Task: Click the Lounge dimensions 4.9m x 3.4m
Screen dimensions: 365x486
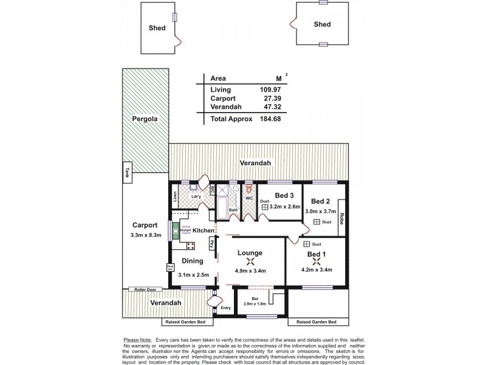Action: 250,271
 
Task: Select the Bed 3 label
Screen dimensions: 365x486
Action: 284,195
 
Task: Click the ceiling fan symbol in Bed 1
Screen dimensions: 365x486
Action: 316,262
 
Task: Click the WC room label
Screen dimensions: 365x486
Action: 249,198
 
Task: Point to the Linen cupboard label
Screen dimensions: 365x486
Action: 175,196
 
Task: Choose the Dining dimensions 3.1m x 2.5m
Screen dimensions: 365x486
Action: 194,274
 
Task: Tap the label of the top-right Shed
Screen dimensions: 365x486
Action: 322,24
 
